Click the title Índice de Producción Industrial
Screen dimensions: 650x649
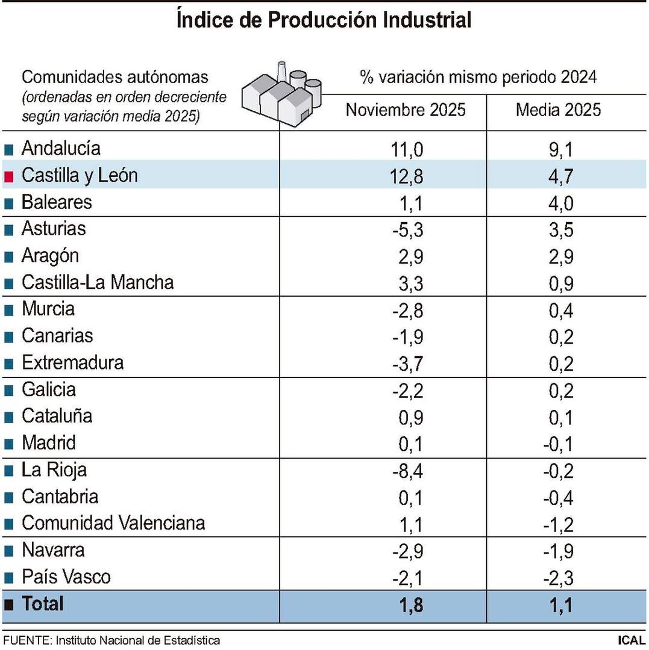point(324,20)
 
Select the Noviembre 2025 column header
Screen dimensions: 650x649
point(406,110)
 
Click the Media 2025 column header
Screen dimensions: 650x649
point(558,110)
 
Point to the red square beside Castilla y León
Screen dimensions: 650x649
point(8,176)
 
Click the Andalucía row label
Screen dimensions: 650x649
point(61,148)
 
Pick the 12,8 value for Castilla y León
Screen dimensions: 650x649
point(407,176)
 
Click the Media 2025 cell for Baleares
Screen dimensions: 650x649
point(558,203)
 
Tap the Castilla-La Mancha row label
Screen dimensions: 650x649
point(98,282)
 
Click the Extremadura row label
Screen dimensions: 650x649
point(72,363)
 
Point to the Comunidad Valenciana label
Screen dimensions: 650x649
point(113,523)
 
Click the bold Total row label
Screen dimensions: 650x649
point(42,604)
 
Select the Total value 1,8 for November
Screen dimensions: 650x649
point(407,605)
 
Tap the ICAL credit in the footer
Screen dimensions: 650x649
point(631,640)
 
